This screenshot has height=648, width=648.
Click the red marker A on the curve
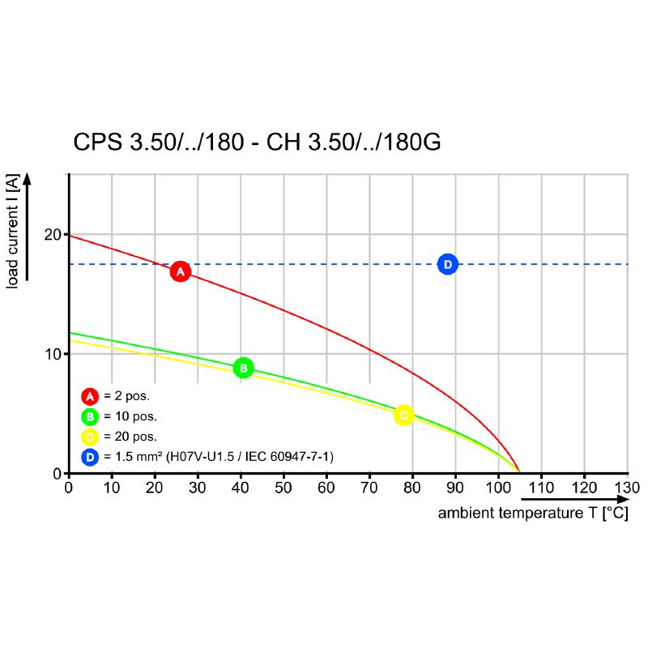(180, 271)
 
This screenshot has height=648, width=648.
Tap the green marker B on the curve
(243, 368)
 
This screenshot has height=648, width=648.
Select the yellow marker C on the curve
(403, 415)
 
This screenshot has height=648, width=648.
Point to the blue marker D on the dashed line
(448, 264)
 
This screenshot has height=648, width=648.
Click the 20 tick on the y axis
(54, 235)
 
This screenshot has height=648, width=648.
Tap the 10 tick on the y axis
(54, 354)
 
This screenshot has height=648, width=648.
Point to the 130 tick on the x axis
(627, 488)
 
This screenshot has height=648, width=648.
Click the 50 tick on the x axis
(283, 488)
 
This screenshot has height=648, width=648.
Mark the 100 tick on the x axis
(497, 488)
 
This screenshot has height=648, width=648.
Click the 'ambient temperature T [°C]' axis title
(532, 514)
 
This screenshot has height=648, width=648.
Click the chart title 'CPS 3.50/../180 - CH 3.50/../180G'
(258, 143)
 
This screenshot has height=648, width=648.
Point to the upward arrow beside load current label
(28, 227)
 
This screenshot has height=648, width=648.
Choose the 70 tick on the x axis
(369, 488)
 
